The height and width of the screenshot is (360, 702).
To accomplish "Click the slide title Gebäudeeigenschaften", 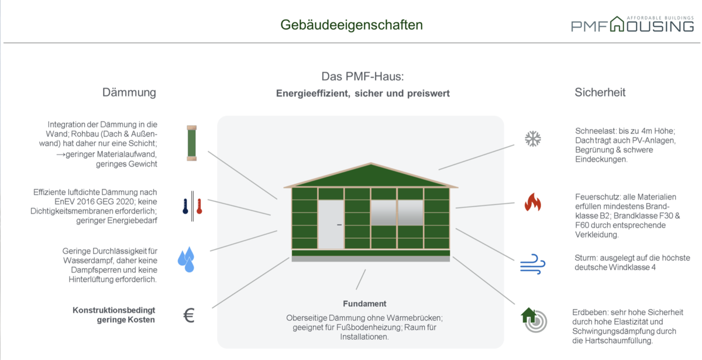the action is point(352,25).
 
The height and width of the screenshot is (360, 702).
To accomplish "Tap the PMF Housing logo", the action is point(632,24).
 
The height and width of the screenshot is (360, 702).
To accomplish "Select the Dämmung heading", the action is point(129,92).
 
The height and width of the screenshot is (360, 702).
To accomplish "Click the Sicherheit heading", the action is point(600,92).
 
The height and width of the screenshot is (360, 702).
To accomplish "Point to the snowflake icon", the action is point(533,139).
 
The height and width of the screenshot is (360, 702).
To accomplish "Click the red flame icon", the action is point(533,202).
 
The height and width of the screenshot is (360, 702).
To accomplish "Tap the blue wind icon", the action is point(533,264).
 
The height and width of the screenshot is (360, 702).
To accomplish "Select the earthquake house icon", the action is point(534,320).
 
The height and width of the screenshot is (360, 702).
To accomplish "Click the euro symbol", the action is point(189,315).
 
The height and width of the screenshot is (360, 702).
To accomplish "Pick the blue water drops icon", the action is point(187,259).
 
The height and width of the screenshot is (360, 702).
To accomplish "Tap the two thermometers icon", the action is point(192,206).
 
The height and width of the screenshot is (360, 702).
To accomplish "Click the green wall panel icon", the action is point(191,143).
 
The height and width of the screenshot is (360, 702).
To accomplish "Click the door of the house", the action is point(331,225).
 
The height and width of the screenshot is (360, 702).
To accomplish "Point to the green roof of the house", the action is point(371,176).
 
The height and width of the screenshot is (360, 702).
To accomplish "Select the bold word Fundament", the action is point(364,304).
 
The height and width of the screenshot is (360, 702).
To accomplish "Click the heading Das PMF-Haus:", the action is point(363,76).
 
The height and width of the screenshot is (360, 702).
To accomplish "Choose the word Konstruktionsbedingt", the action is point(113,310).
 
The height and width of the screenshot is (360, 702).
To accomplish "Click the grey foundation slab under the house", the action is point(371,259).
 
